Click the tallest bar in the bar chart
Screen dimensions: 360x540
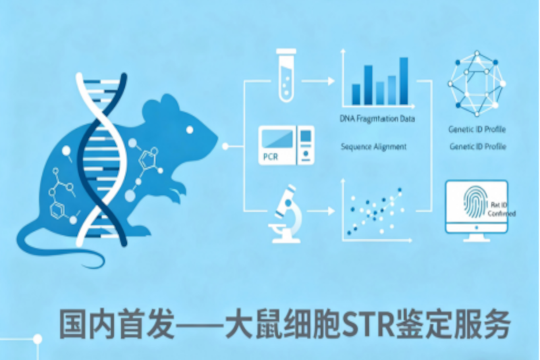[x=404, y=81]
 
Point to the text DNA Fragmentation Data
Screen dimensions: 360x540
[x=377, y=119]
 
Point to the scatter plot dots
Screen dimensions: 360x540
[x=375, y=209]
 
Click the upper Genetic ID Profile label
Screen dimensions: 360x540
[x=477, y=129]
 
